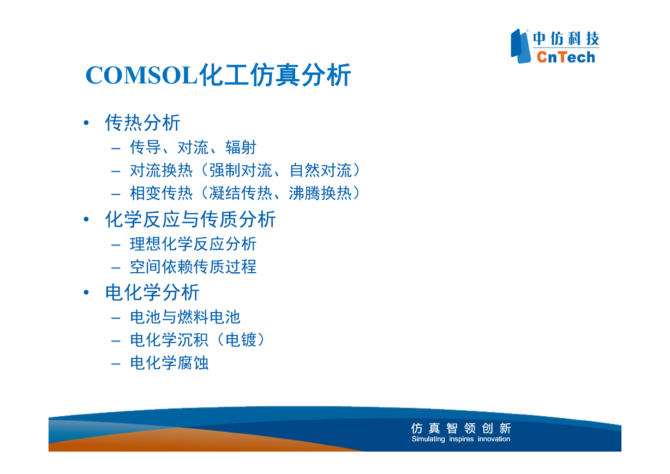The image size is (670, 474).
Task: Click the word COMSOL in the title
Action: pos(141,75)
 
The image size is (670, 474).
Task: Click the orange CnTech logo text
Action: pos(566,57)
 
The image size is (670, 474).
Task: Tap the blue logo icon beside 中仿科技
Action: pos(521,46)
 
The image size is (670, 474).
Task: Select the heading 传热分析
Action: pos(142,123)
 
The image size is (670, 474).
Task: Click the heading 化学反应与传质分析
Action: pos(190,219)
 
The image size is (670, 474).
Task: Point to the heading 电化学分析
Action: pos(152,292)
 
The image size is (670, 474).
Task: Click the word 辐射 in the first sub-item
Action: pos(241,147)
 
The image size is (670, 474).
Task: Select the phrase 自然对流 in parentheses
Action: pos(321,171)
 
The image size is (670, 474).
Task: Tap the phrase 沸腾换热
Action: pos(321,193)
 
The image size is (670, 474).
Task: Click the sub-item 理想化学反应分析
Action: pos(193,244)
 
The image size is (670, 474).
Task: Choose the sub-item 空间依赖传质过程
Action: pos(193,267)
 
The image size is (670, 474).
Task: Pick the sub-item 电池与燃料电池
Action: pos(185,317)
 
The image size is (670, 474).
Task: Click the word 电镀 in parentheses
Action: pos(241,340)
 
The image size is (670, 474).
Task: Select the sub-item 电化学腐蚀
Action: pos(169,363)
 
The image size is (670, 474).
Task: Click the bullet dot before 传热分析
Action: pos(86,123)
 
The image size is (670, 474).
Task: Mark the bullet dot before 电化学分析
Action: pos(86,292)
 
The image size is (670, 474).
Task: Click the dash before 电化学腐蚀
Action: pos(116,364)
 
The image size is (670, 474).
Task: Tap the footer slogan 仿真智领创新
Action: pos(461,428)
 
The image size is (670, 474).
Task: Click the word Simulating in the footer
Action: pos(428,439)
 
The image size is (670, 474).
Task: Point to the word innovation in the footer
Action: pos(494,439)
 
